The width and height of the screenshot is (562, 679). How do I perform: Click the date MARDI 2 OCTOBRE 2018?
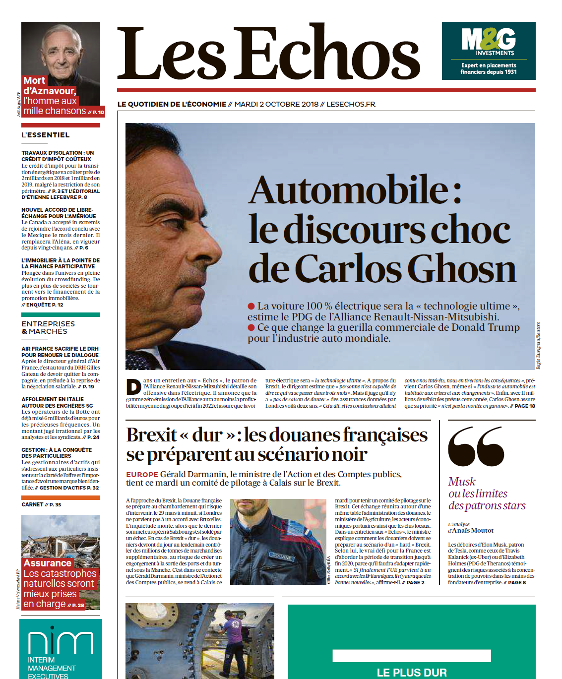click(276, 104)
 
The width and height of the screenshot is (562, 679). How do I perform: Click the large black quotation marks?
click(476, 446)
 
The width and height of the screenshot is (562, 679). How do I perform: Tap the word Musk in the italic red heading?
click(461, 482)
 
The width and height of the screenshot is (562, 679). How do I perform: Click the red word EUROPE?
click(142, 475)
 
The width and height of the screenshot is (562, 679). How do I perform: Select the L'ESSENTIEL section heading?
click(46, 135)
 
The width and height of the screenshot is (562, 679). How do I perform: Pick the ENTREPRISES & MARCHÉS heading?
click(48, 327)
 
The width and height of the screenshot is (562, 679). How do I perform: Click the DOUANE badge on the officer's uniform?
click(281, 556)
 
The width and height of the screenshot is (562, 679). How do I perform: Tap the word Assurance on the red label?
click(48, 563)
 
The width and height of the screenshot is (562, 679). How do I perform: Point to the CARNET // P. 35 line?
click(41, 504)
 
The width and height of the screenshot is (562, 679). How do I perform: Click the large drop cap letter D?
click(133, 387)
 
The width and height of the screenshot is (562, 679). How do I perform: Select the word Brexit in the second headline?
click(151, 435)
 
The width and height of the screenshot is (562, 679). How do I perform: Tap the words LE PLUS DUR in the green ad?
click(412, 672)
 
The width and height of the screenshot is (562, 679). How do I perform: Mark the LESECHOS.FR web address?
click(351, 104)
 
